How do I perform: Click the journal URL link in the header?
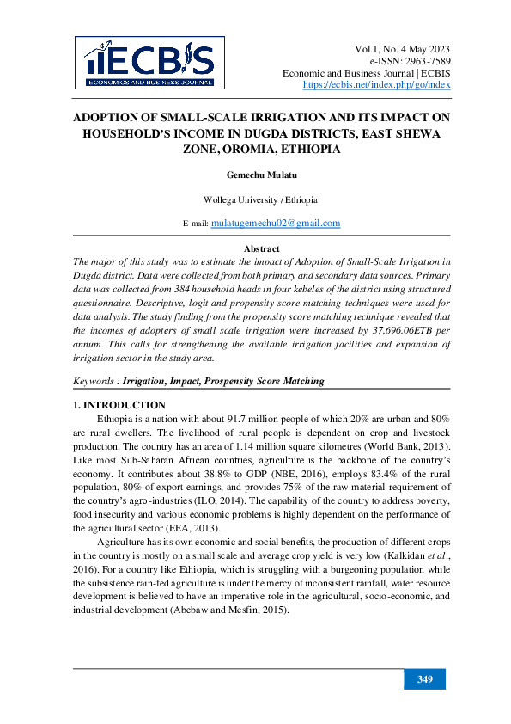(377, 86)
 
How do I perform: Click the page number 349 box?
(425, 680)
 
